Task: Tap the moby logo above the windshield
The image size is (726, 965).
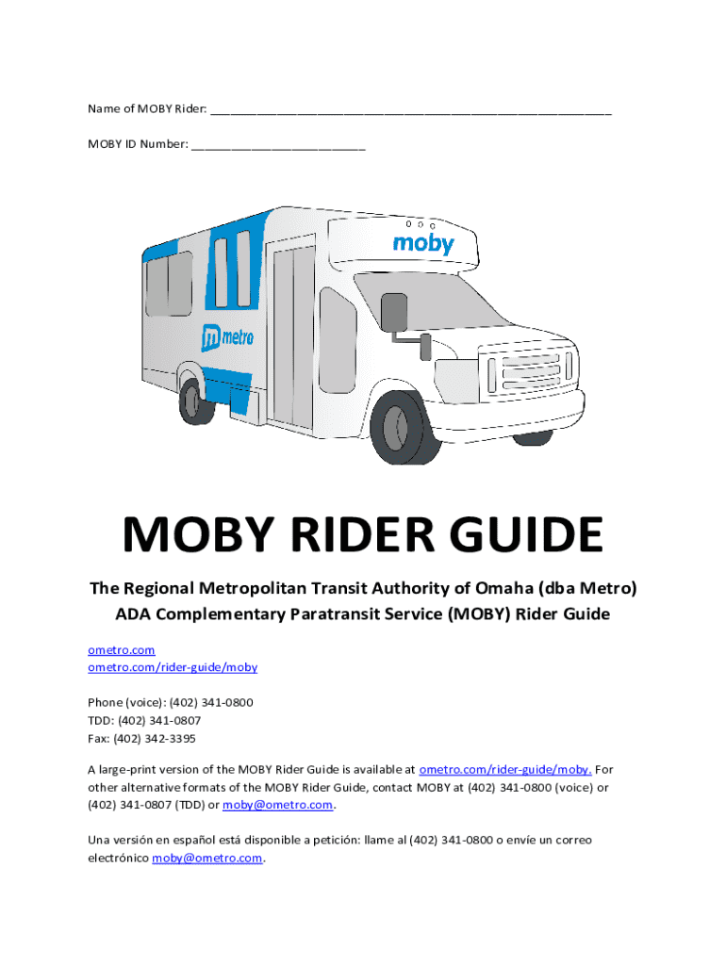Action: (423, 244)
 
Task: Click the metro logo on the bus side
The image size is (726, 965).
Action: (227, 335)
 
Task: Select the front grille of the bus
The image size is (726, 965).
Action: (528, 370)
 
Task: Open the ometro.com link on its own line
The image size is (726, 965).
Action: (122, 650)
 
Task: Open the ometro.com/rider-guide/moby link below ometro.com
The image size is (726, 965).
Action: (173, 667)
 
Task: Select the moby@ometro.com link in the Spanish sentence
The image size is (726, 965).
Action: (207, 859)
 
